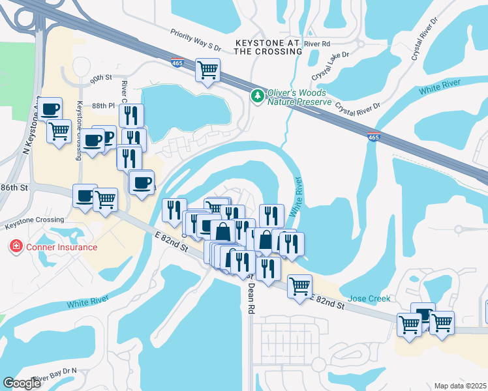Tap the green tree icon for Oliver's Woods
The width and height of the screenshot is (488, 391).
click(x=258, y=96)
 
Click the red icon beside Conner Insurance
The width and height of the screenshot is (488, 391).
click(x=15, y=247)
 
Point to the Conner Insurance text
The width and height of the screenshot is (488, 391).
click(x=61, y=247)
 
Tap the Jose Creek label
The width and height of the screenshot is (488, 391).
click(x=369, y=298)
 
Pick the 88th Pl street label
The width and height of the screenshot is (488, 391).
click(x=103, y=106)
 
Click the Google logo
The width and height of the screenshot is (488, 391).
click(x=22, y=383)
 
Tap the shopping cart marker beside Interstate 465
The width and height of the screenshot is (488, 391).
click(x=207, y=70)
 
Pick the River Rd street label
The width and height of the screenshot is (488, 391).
click(x=317, y=43)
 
